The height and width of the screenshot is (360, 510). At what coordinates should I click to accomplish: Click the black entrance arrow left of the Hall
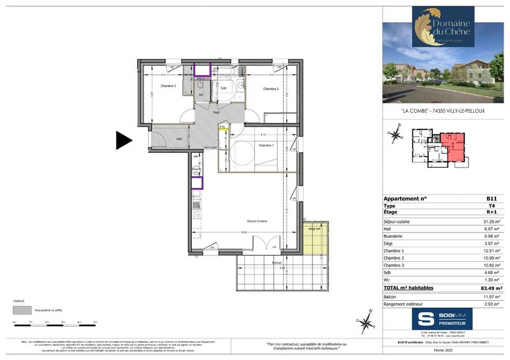123,140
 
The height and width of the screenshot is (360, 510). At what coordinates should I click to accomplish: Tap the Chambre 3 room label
168,87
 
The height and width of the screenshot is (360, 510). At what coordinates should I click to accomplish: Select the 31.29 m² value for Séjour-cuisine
494,221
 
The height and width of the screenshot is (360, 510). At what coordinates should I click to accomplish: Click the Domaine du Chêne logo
444,27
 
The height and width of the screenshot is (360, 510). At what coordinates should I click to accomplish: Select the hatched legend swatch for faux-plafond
22,312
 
